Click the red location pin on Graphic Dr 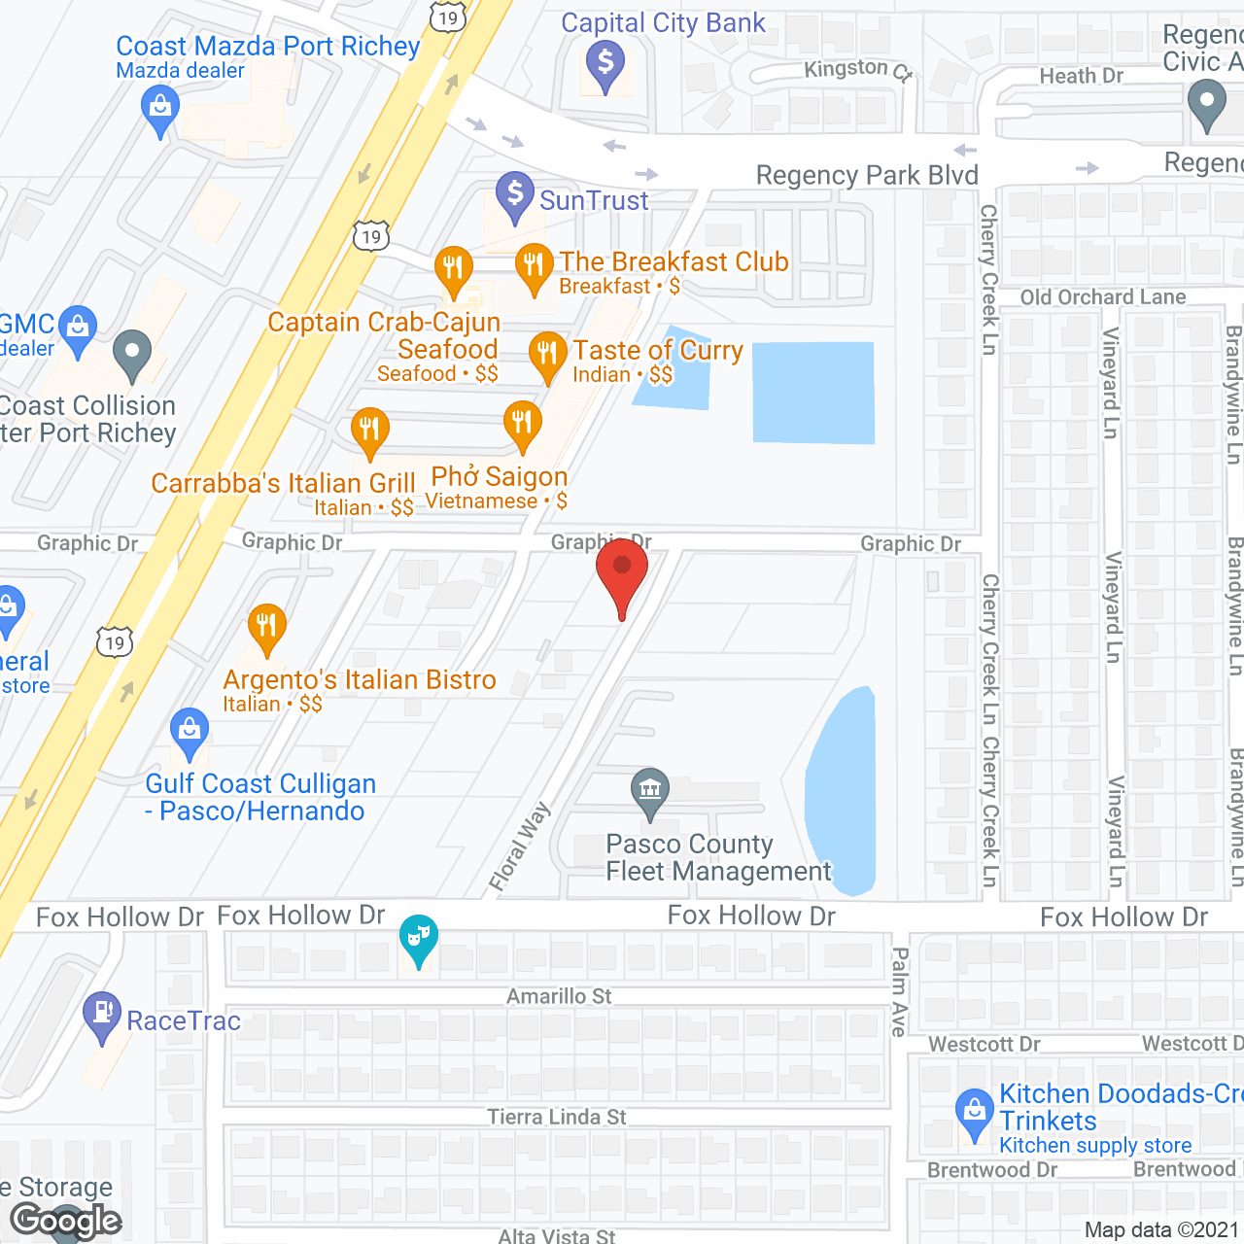(621, 569)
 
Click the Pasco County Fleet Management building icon (650, 789)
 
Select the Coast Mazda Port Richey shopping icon (160, 108)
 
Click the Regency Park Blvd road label (867, 176)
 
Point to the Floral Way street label (520, 846)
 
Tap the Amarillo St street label (559, 996)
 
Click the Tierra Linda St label (557, 1117)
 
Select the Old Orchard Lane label (1103, 297)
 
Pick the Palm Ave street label (900, 991)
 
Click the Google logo (66, 1221)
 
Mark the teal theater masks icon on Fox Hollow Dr (419, 938)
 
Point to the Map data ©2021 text (1161, 1230)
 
